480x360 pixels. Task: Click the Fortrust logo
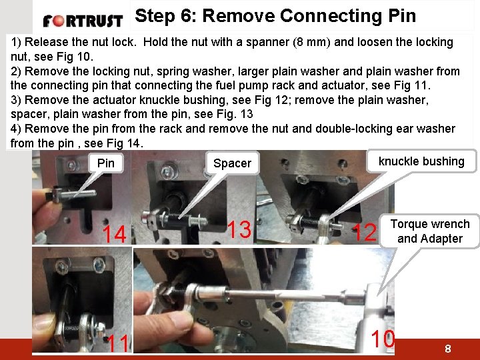point(83,21)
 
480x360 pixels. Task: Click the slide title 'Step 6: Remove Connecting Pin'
point(275,15)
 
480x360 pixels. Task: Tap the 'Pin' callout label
point(106,163)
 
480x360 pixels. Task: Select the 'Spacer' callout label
point(233,163)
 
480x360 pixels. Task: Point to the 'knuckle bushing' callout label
point(421,161)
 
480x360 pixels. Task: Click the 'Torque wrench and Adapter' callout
point(430,231)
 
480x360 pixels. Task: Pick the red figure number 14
point(114,234)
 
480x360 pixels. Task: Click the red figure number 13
point(239,229)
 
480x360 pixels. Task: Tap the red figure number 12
point(364,232)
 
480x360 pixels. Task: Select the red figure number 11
point(118,343)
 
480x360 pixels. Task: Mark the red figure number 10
point(383,339)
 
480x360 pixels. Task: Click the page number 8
point(448,349)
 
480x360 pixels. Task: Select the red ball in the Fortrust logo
point(58,21)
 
